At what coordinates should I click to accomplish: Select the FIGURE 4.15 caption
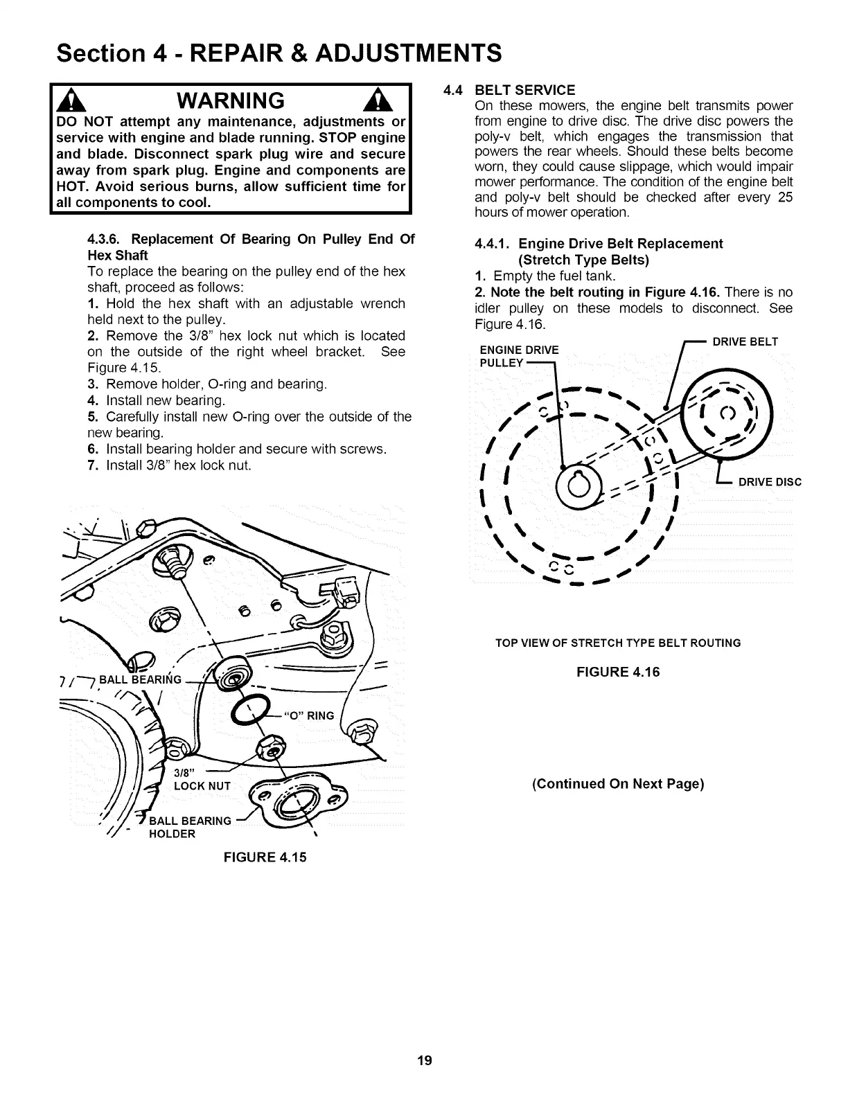[264, 857]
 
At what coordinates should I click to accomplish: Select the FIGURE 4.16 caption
[618, 672]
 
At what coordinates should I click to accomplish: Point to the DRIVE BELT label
[745, 341]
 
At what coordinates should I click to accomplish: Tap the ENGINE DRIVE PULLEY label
[518, 355]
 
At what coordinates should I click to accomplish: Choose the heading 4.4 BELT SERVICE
[519, 91]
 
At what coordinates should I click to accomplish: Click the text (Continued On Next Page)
[618, 784]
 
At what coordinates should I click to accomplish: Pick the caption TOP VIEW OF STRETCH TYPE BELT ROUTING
[618, 643]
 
